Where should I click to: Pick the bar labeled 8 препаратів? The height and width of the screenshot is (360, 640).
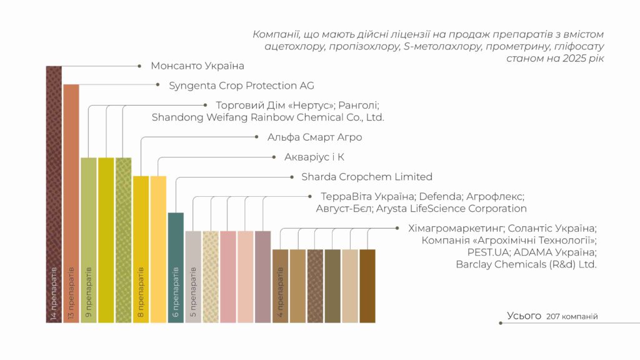141,249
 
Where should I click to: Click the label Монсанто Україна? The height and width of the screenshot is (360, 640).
197,66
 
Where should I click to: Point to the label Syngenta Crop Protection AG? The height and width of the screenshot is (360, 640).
241,86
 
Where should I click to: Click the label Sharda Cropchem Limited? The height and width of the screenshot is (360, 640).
367,177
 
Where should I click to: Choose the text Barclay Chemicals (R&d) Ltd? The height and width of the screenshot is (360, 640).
526,264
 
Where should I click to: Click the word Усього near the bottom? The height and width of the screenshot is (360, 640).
524,316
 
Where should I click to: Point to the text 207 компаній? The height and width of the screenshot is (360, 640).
572,317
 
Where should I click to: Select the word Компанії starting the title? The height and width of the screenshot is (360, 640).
276,34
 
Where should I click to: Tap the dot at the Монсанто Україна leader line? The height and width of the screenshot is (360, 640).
138,65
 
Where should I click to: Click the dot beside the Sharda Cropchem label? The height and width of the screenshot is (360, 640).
290,177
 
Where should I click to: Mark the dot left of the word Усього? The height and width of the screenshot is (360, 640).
500,323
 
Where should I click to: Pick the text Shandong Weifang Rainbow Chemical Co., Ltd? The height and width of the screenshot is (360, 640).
267,117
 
